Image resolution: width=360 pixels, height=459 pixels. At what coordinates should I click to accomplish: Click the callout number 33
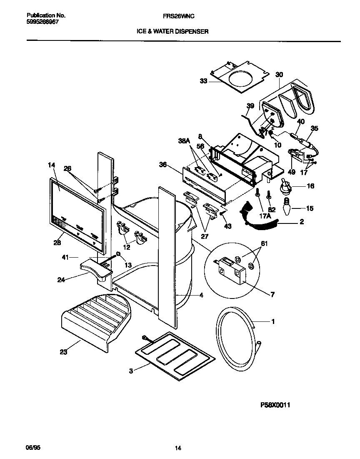click(x=203, y=81)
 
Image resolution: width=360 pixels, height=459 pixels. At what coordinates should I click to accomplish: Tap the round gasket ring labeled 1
click(x=235, y=338)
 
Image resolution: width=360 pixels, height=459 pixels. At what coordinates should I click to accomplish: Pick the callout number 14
click(x=51, y=166)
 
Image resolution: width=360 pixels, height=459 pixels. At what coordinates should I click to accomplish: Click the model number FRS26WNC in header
click(x=180, y=15)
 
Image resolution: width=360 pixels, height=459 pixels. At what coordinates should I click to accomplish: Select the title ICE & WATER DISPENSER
click(x=172, y=31)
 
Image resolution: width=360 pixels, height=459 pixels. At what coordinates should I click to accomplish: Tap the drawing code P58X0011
click(x=275, y=404)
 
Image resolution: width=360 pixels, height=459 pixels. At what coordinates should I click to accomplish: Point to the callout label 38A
click(x=184, y=142)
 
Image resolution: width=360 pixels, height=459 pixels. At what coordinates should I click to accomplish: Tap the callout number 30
click(x=279, y=75)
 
